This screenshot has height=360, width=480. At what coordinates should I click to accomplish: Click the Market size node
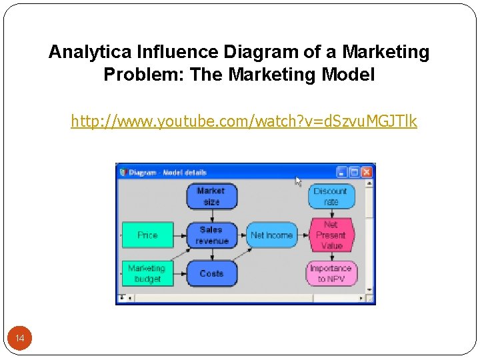click(211, 196)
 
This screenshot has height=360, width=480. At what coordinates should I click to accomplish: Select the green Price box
click(147, 235)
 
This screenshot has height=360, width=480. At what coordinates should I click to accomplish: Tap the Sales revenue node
click(213, 235)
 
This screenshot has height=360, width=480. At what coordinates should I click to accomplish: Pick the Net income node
click(271, 235)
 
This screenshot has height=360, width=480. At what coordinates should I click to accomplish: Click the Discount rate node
click(331, 196)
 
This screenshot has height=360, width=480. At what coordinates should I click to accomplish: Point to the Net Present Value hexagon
click(331, 235)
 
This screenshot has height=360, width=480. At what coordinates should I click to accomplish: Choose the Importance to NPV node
click(331, 273)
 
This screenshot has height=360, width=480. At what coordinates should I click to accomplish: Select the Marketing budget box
click(147, 273)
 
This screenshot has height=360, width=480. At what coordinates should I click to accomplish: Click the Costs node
click(211, 273)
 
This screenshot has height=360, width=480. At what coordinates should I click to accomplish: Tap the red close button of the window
click(366, 172)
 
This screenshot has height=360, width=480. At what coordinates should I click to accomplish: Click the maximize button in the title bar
click(354, 172)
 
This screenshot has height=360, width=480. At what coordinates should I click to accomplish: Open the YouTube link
click(244, 121)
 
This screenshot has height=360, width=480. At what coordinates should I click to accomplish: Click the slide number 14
click(20, 339)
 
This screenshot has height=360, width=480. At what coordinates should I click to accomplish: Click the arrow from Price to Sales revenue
click(180, 235)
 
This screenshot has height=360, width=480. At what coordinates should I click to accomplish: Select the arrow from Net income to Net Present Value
click(304, 235)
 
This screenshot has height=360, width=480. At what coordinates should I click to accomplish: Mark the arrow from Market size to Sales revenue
click(211, 215)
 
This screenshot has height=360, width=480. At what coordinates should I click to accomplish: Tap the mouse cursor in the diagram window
click(298, 181)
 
